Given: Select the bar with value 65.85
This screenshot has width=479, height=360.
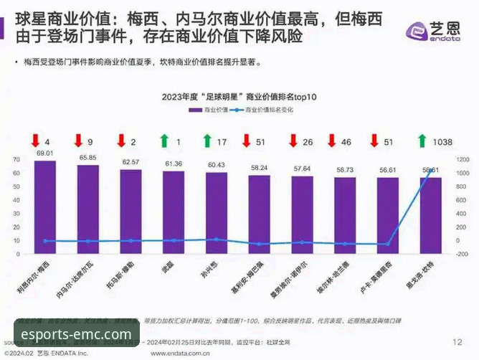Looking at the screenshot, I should (88, 209).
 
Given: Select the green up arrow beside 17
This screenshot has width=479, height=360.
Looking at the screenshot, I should (207, 141).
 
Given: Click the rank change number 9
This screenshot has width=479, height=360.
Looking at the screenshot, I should (90, 142).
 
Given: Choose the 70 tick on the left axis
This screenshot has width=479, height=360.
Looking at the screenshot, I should (16, 160).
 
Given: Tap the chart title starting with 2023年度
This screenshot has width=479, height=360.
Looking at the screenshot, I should (239, 97).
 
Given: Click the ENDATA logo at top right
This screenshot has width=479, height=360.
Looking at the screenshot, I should (432, 31).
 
